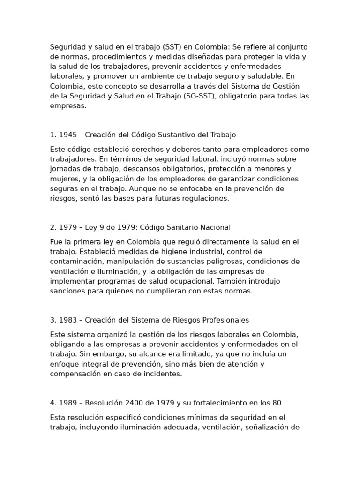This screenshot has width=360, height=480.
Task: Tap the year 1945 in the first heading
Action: [67, 135]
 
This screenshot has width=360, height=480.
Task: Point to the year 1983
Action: [67, 320]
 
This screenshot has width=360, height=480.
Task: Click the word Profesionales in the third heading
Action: [225, 320]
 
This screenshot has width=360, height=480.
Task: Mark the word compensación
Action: [74, 374]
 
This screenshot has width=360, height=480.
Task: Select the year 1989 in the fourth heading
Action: [67, 403]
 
